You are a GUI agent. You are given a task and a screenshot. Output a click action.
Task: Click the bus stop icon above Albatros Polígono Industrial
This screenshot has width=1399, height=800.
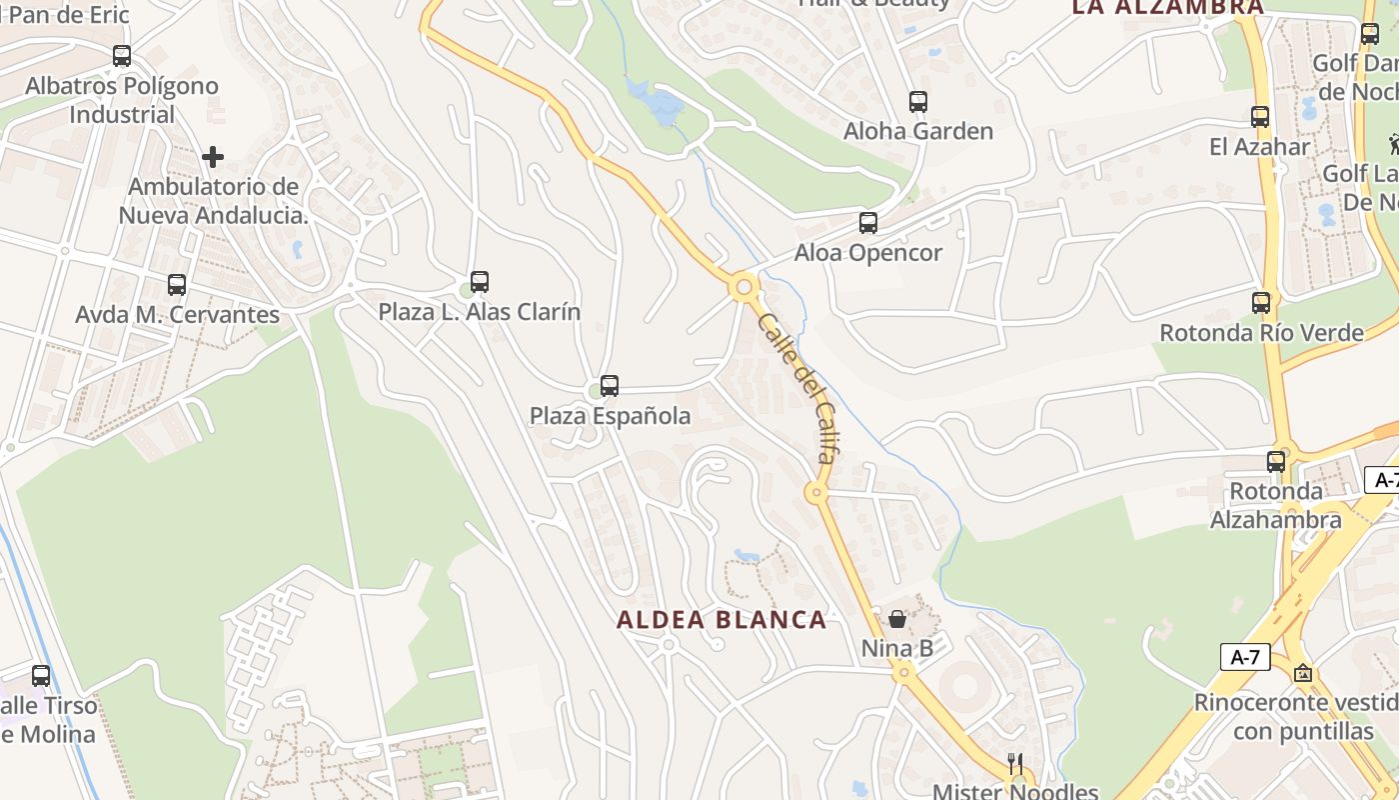[x=122, y=56]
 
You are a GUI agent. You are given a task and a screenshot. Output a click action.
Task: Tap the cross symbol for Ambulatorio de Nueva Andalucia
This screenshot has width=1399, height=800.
[x=212, y=157]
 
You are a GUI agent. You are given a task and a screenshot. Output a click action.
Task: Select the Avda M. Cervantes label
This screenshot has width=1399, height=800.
[x=178, y=314]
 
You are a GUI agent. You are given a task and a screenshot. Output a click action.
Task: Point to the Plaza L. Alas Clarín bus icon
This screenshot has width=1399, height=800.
[x=480, y=282]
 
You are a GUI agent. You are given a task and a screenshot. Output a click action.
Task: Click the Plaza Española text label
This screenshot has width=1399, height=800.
[x=610, y=416]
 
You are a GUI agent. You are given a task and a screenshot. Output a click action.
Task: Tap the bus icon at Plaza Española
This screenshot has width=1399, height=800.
[x=610, y=385]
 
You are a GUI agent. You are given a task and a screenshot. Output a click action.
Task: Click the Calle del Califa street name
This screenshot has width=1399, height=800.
[x=796, y=391]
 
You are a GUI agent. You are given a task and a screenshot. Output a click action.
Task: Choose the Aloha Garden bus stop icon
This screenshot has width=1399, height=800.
[x=918, y=101]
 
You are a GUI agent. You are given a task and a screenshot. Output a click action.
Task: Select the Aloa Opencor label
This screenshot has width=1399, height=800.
[x=867, y=253]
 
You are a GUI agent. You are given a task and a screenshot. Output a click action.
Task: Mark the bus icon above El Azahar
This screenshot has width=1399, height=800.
[x=1260, y=116]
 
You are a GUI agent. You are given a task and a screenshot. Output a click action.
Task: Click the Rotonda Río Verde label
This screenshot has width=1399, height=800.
[x=1261, y=332]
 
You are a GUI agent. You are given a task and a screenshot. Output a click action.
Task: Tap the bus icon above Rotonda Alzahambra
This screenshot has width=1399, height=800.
[x=1276, y=461]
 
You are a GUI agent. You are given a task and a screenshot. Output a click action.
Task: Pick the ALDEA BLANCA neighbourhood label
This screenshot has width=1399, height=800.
[x=721, y=620]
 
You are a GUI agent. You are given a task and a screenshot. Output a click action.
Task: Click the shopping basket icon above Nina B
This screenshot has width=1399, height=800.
[x=897, y=618]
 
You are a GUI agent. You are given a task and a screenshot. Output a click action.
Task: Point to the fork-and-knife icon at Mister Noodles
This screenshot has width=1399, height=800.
[x=1015, y=764]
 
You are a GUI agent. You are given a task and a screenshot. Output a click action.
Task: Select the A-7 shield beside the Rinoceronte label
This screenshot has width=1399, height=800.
[x=1245, y=657]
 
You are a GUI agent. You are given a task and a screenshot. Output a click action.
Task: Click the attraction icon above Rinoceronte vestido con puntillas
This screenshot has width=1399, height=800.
[x=1302, y=673]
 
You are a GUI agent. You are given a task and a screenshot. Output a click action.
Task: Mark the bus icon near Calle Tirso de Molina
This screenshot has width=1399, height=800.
[x=41, y=675]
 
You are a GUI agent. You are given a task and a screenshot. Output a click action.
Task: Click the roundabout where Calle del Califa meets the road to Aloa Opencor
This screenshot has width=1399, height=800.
[x=742, y=288]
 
